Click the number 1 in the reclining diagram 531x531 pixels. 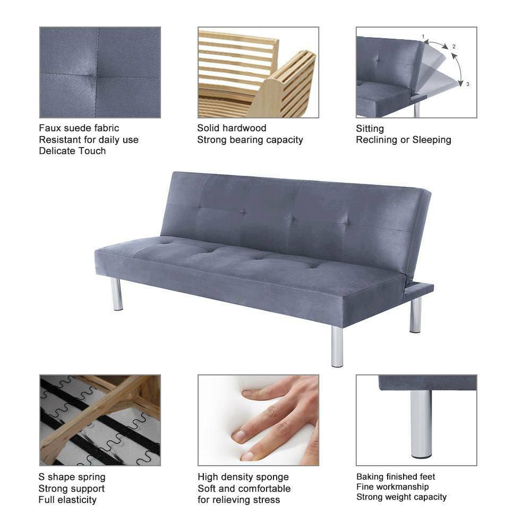pyautogui.click(x=423, y=37)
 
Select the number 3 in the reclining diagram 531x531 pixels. pyautogui.click(x=467, y=84)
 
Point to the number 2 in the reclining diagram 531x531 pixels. pyautogui.click(x=454, y=47)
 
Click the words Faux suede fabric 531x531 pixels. pyautogui.click(x=79, y=128)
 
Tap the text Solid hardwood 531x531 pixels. pyautogui.click(x=232, y=128)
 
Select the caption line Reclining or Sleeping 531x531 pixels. pyautogui.click(x=403, y=140)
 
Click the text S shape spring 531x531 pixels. pyautogui.click(x=72, y=477)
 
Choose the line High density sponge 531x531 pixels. pyautogui.click(x=243, y=477)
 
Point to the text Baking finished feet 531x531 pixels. pyautogui.click(x=396, y=477)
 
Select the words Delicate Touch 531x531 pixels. pyautogui.click(x=72, y=151)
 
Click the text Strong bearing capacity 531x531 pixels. pyautogui.click(x=250, y=140)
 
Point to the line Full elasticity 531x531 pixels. pyautogui.click(x=67, y=500)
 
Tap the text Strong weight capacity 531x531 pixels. pyautogui.click(x=401, y=497)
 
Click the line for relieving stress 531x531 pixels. pyautogui.click(x=238, y=500)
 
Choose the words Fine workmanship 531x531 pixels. pyautogui.click(x=392, y=487)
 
